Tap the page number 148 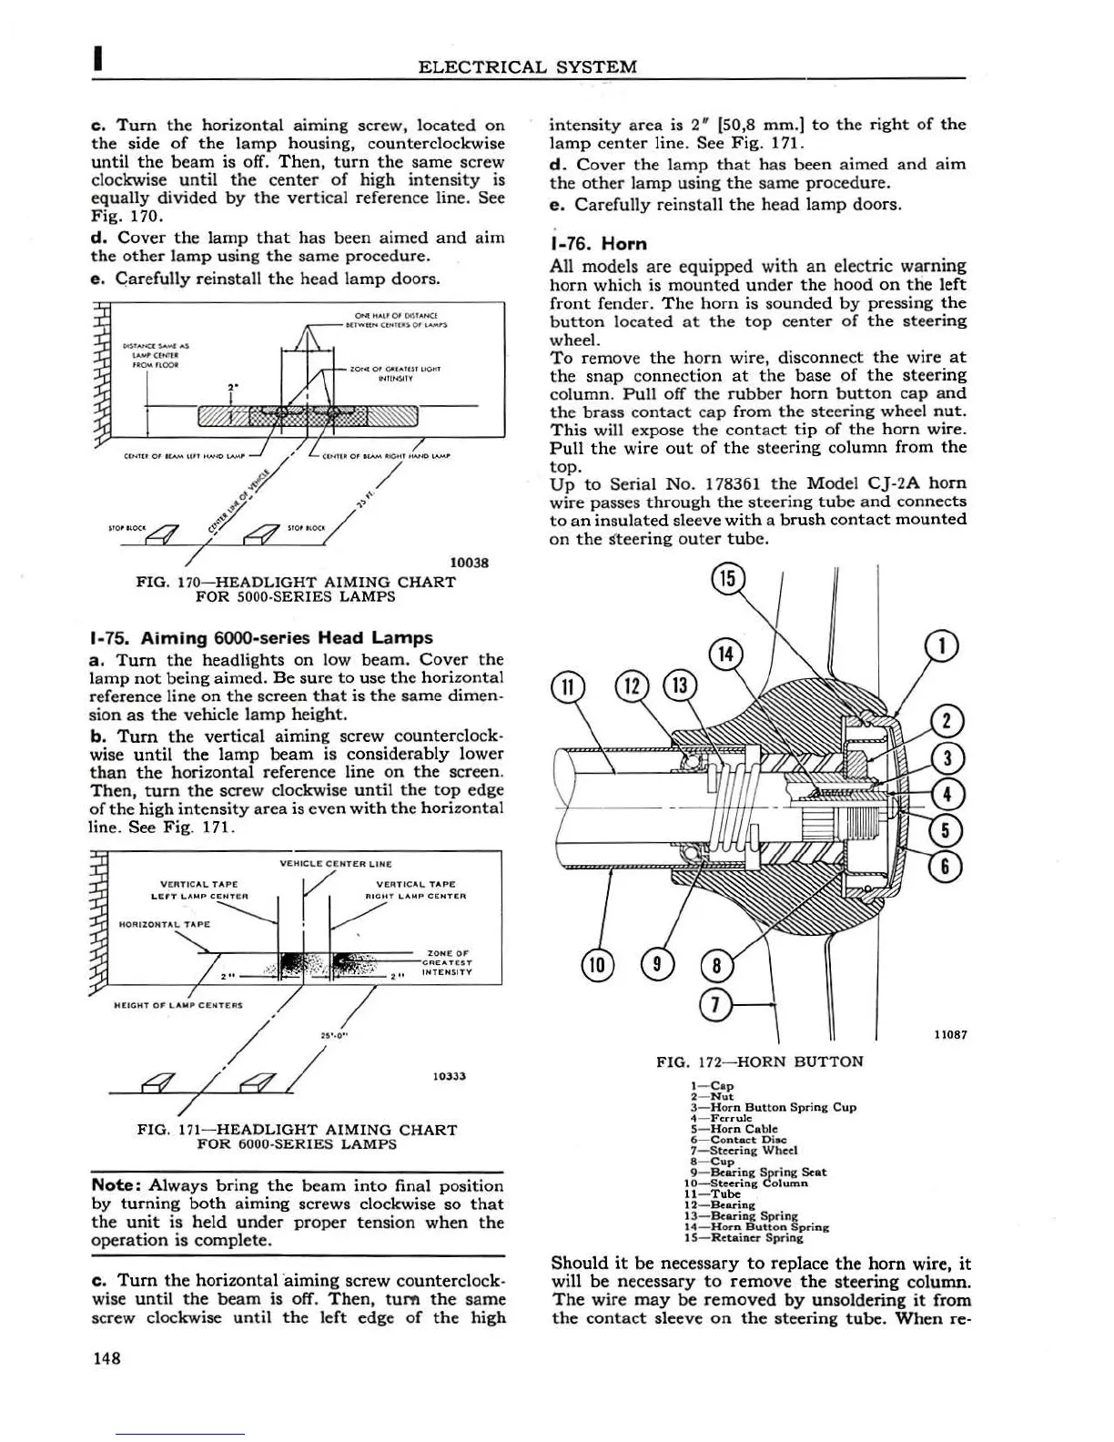(107, 1358)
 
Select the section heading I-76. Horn (598, 243)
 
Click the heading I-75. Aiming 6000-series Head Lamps (262, 637)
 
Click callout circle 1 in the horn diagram (942, 645)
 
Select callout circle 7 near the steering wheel (716, 1003)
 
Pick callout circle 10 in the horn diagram (597, 963)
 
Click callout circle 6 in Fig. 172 (946, 866)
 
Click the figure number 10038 (470, 562)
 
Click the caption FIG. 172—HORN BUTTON (760, 1061)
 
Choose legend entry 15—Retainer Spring (757, 1237)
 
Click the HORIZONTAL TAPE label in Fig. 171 (165, 924)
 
